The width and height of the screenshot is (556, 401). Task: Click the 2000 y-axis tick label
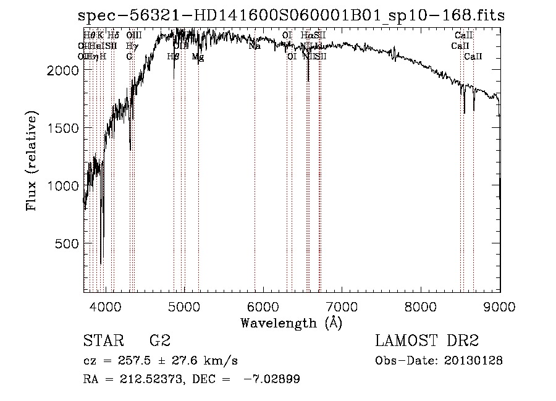tap(62, 70)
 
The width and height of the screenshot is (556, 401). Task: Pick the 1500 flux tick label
tap(62, 128)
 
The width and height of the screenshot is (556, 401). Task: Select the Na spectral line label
tap(255, 46)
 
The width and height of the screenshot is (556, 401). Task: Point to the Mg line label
tap(198, 57)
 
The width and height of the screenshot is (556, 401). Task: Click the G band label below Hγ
tap(129, 57)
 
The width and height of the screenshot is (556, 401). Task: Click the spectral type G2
tap(160, 341)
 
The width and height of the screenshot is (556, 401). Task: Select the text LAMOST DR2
tap(427, 341)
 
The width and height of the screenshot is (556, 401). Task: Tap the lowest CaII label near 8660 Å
tap(473, 57)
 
